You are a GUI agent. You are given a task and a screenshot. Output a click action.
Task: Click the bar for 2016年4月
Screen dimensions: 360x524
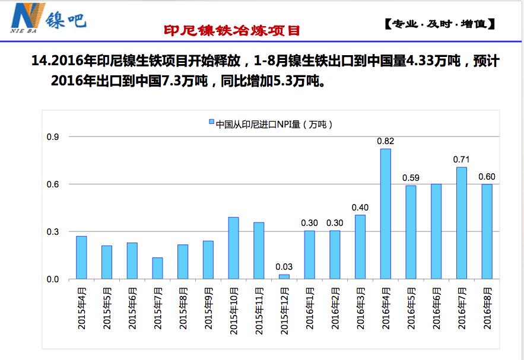coord(385,214)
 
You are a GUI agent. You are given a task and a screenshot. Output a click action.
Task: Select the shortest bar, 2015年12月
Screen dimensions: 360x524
coord(284,276)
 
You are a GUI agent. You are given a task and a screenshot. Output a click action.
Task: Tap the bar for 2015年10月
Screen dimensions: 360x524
coord(234,248)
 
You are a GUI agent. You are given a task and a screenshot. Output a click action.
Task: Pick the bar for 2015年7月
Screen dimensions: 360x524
coord(157,268)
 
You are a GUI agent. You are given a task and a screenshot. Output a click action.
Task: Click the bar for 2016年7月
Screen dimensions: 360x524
coord(461,223)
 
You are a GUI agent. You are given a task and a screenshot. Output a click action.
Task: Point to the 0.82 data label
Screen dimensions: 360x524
coord(386,141)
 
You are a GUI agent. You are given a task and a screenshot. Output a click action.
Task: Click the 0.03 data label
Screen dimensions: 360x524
coord(284,267)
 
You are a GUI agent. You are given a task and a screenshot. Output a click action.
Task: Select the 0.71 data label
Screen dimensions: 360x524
coord(461,160)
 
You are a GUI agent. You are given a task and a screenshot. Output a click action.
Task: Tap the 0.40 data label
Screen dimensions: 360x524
coord(360,207)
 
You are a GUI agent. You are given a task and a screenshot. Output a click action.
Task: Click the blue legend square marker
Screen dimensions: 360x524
coord(211,124)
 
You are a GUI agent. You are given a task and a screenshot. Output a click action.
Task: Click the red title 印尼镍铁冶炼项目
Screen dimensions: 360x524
coord(232,30)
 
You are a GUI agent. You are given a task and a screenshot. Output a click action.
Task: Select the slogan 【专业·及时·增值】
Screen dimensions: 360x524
coord(439,25)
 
